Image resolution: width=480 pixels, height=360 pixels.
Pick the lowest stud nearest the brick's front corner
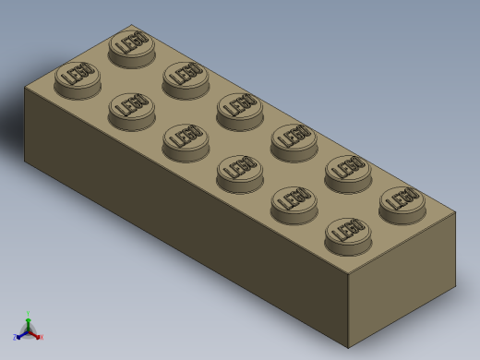click(348, 234)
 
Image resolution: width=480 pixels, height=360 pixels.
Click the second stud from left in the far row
click(186, 78)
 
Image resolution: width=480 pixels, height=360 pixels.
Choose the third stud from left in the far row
click(239, 109)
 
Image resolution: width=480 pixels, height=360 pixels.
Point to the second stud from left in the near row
click(131, 109)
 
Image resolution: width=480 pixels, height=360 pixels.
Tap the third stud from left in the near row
click(186, 140)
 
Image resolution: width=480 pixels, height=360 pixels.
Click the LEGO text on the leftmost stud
click(78, 73)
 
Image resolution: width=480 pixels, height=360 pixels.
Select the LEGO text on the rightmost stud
click(402, 198)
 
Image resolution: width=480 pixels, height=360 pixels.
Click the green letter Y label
click(29, 314)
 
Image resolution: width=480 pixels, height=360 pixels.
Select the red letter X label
click(41, 337)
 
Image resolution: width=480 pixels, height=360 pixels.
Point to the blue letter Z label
click(16, 337)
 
